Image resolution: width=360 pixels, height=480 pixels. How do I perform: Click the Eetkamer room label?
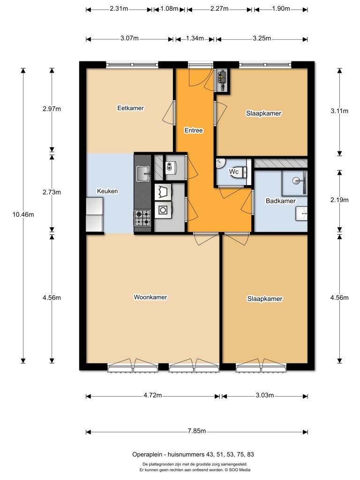click(130, 108)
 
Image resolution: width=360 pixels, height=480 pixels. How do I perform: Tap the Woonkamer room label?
click(150, 297)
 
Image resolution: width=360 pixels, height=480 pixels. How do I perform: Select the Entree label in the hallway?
click(194, 131)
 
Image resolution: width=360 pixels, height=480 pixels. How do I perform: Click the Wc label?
click(234, 172)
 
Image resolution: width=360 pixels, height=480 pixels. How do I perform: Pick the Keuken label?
click(107, 191)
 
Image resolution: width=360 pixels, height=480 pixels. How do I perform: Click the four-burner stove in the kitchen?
click(143, 217)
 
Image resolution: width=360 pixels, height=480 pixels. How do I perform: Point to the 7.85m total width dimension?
click(197, 431)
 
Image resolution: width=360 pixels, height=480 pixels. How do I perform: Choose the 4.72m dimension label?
click(153, 396)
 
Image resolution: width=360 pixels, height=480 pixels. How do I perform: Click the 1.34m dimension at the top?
click(195, 39)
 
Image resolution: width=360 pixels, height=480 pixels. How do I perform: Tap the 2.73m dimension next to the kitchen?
click(52, 192)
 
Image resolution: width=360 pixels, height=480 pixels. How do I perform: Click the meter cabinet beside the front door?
click(222, 80)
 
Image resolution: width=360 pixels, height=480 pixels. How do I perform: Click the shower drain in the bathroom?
click(296, 180)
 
